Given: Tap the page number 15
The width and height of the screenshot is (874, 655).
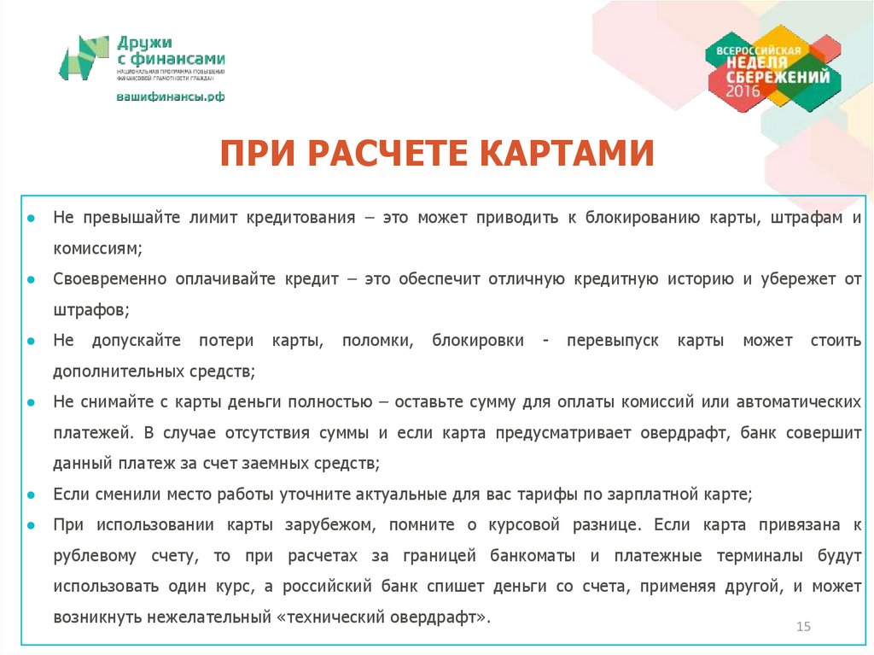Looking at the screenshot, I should tap(802, 628).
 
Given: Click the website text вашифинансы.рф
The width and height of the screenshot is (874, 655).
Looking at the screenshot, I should tap(171, 97).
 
